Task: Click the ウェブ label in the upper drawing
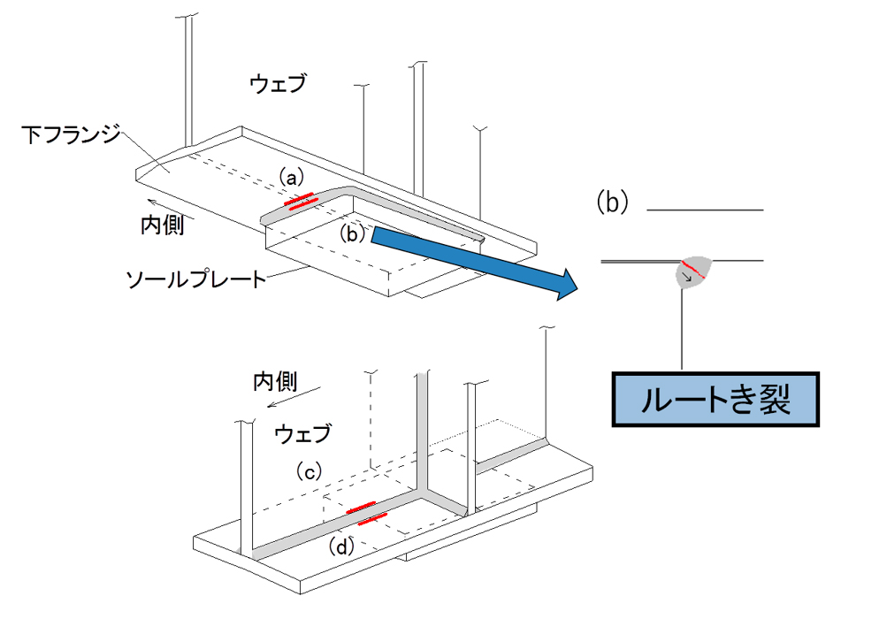277,84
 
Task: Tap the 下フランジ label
72,134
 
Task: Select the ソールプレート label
195,279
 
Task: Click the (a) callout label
291,178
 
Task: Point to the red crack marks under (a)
301,201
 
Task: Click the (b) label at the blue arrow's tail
353,233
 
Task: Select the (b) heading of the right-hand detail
613,202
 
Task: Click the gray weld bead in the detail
694,271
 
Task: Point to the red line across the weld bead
693,271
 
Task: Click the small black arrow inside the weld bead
688,277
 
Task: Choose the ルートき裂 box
715,400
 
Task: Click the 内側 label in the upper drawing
163,225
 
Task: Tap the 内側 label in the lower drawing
275,382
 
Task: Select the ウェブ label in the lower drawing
302,434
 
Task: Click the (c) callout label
309,470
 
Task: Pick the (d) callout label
341,546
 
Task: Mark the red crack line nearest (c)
361,507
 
